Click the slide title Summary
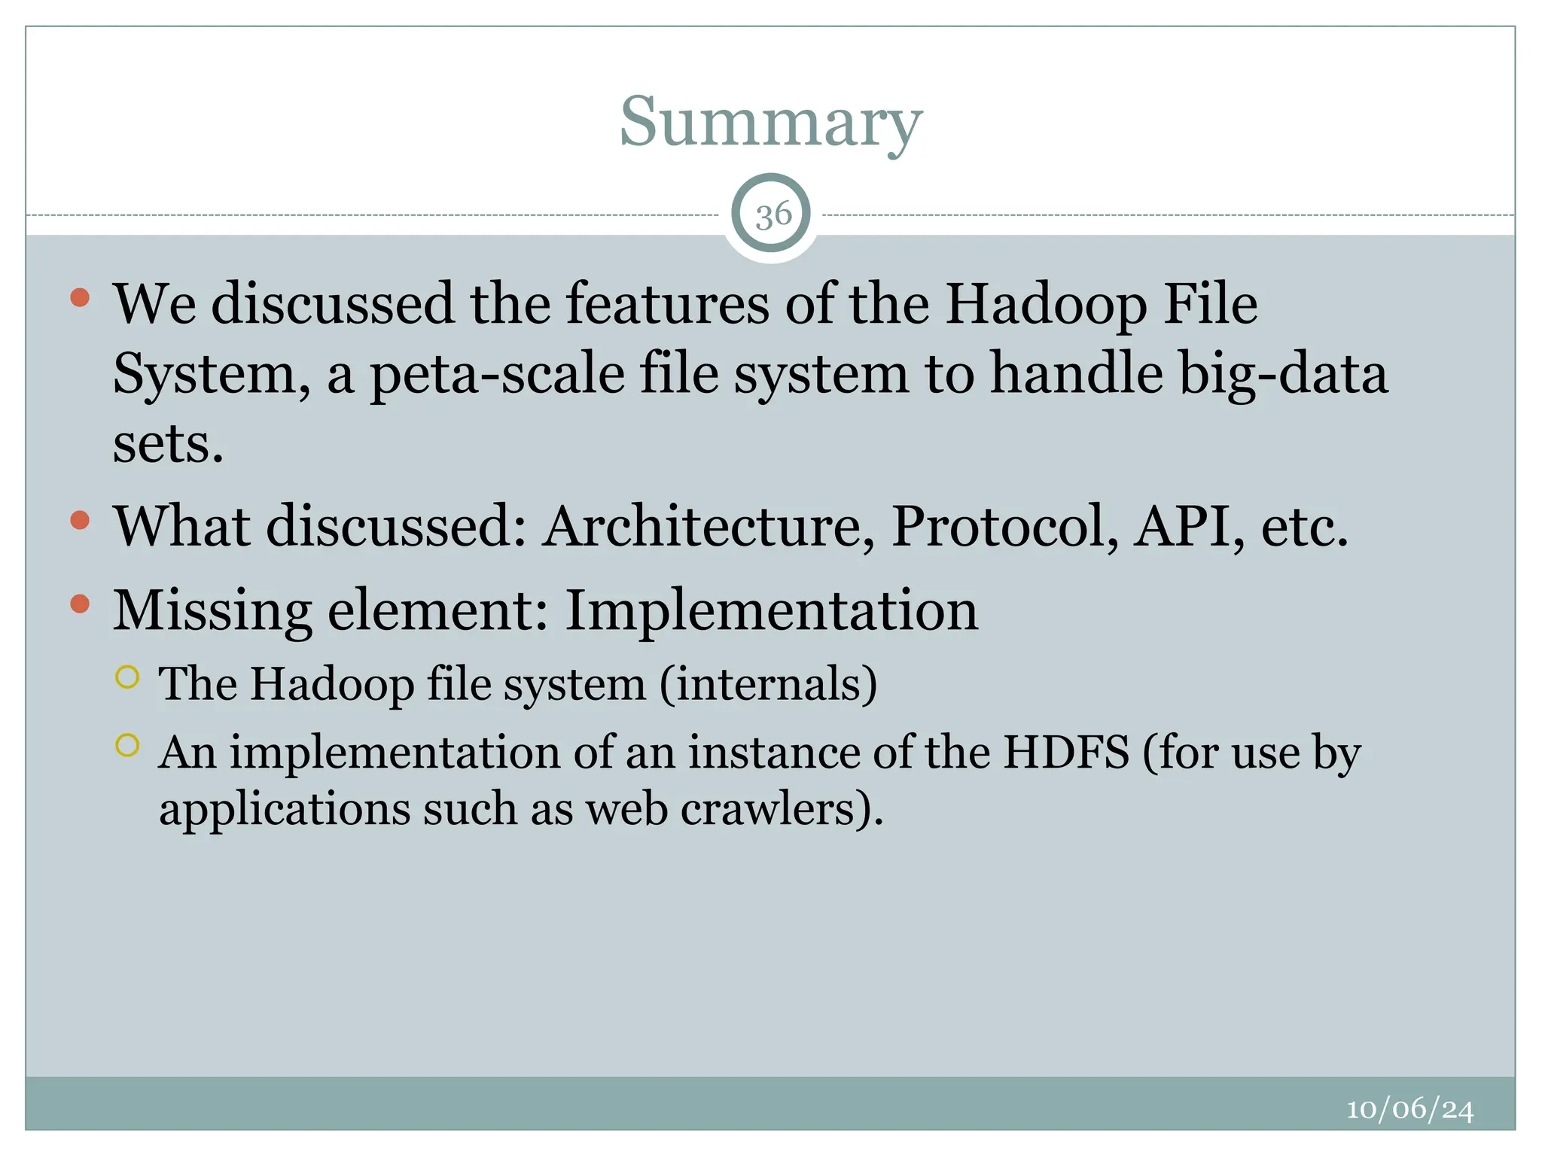pos(770,123)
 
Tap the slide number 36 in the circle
pos(773,215)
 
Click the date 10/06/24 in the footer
pos(1409,1109)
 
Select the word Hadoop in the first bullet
pos(1047,305)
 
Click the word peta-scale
pos(497,374)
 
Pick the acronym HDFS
pos(1067,752)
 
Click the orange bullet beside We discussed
pos(80,297)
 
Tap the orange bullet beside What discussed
pos(80,520)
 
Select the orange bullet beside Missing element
pos(80,604)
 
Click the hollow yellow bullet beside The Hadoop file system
pos(128,677)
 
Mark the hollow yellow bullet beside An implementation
pos(128,745)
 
